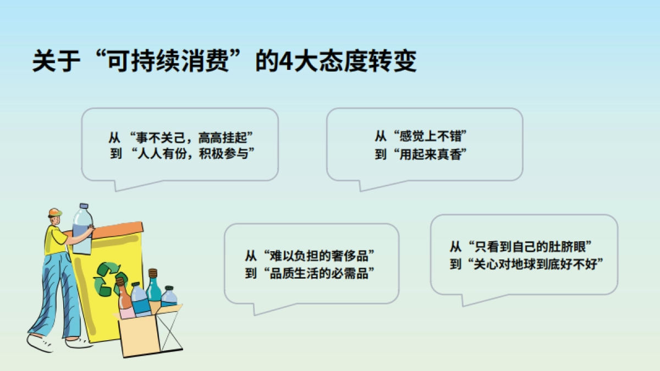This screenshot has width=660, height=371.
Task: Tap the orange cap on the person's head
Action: tap(54, 212)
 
